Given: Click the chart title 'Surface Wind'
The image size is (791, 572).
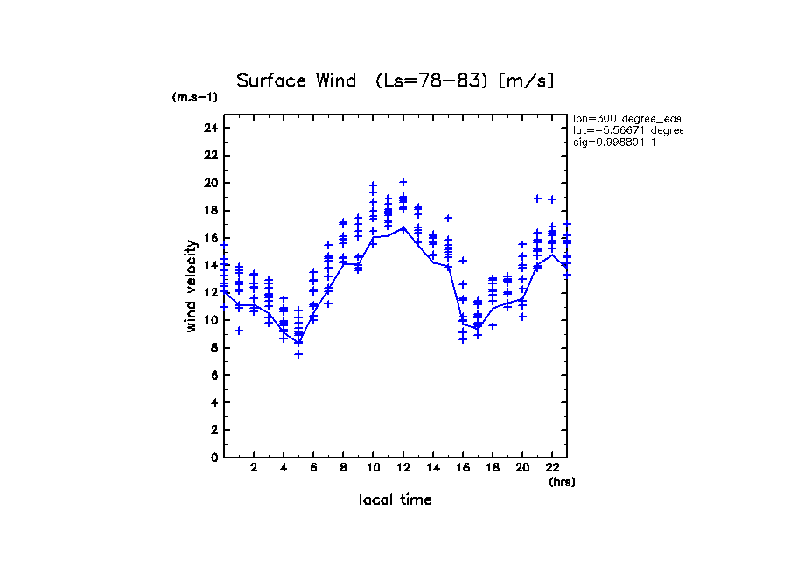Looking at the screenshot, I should tap(296, 81).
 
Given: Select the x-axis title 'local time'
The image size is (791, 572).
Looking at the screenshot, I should tap(395, 500).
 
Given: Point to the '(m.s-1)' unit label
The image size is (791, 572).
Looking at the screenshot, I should tap(194, 97).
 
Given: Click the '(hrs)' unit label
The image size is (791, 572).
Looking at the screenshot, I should tap(562, 482).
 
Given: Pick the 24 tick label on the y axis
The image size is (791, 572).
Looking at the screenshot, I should tap(210, 128).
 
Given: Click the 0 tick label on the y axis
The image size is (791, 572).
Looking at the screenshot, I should tap(213, 457).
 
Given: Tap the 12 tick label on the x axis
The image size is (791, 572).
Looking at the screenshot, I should tap(403, 468).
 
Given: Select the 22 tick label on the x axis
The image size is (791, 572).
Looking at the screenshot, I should tap(552, 468).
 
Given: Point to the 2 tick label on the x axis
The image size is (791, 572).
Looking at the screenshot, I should tap(254, 468).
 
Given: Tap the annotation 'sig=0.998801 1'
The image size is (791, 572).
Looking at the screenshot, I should tap(614, 142).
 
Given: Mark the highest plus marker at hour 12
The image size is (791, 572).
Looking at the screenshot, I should tap(403, 182).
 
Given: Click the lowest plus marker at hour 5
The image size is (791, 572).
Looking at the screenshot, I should tap(298, 354).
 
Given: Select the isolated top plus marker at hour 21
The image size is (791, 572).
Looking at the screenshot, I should tap(537, 199).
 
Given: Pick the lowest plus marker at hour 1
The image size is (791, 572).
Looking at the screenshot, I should tap(239, 331).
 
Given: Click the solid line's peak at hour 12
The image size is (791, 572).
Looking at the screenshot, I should tap(403, 227).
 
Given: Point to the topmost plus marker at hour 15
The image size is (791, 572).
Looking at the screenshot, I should tap(448, 218).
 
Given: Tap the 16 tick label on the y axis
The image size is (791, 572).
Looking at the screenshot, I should tap(210, 238).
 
